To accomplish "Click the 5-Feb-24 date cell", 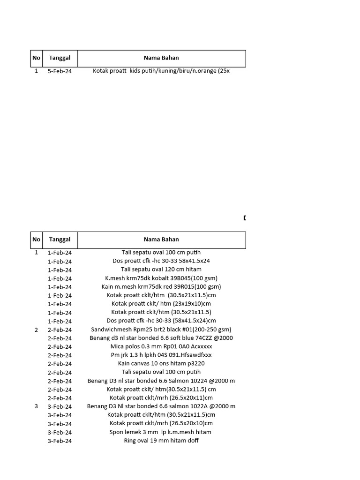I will pos(60,71).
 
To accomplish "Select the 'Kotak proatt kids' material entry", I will pos(161,71).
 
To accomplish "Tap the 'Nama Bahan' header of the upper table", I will pos(161,58).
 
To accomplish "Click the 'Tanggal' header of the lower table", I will pos(60,240).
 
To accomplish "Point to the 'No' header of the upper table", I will pos(37,58).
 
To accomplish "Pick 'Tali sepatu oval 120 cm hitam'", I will pos(161,270).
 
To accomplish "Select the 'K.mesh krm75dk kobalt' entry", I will pos(161,278).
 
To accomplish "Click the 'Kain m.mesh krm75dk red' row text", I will pos(161,286).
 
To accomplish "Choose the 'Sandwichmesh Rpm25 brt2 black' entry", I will pos(161,330).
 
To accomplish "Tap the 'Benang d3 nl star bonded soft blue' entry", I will pos(161,338).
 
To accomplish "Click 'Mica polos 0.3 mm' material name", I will pos(161,346).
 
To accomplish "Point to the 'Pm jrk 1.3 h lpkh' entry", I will pos(161,355).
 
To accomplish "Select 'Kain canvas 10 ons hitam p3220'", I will pos(161,363).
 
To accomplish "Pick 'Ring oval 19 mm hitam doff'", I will pos(161,441).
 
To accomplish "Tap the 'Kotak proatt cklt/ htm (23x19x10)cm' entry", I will pos(161,304).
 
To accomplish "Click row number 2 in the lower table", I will pos(37,330).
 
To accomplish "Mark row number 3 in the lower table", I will pos(37,406).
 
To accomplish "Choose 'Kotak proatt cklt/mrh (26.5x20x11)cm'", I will pos(161,398).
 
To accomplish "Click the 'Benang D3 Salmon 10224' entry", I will pos(161,381).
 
